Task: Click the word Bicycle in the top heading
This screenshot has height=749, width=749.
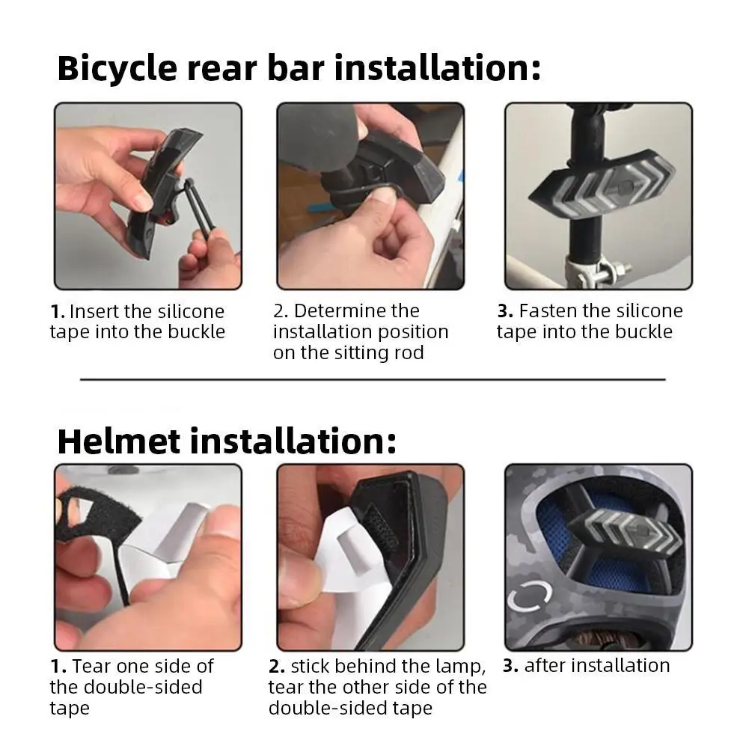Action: (117, 68)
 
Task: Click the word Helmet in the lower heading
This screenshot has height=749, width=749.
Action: (119, 441)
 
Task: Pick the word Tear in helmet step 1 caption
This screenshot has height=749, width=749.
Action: (91, 666)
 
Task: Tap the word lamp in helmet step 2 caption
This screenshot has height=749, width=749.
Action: (460, 667)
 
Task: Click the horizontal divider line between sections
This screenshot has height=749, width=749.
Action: (373, 380)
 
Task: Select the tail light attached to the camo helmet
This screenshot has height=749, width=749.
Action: (626, 531)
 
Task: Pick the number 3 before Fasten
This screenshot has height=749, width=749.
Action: (505, 311)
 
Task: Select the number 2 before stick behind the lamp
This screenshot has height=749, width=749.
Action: (277, 666)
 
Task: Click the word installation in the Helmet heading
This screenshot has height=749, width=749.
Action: (293, 441)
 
